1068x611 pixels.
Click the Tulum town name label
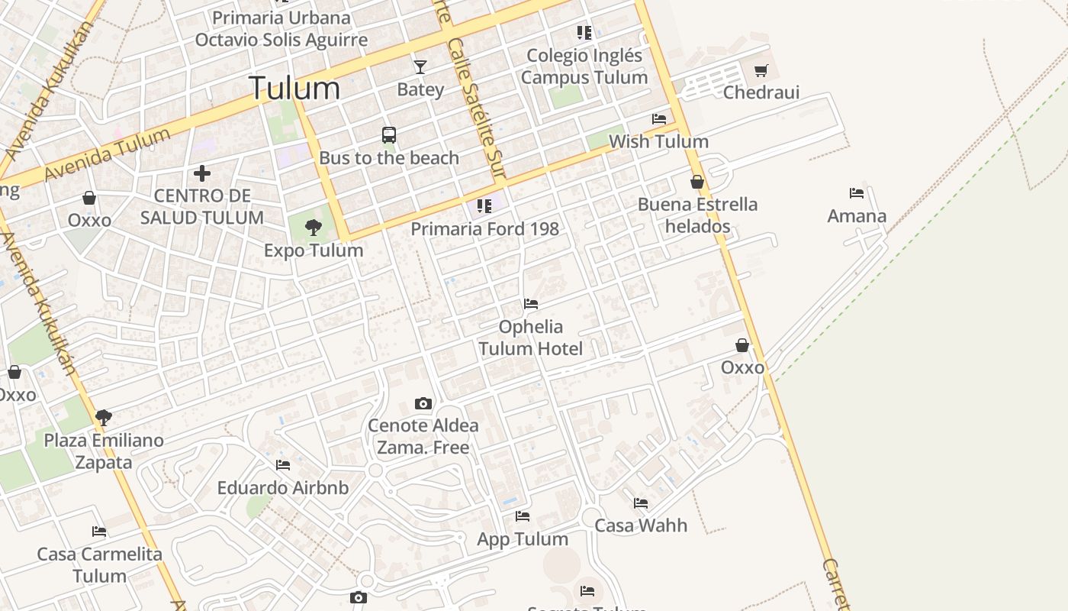[294, 89]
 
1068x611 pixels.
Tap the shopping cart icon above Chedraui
[761, 71]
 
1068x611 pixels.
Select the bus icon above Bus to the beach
[389, 135]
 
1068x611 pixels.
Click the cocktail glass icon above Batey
[420, 67]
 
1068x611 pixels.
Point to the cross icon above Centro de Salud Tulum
[202, 173]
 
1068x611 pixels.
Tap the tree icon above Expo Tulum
[313, 227]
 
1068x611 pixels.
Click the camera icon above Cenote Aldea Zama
[423, 403]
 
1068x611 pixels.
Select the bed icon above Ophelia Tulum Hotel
[531, 304]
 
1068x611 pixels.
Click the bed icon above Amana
[857, 193]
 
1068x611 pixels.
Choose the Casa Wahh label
[641, 525]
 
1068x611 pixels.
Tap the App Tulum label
[523, 539]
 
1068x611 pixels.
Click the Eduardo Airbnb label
[283, 488]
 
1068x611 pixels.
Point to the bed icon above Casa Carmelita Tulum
[99, 532]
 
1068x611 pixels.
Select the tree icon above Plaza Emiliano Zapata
[104, 418]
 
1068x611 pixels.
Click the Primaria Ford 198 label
[485, 228]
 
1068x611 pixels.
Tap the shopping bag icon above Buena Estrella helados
[697, 182]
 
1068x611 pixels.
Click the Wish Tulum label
[658, 141]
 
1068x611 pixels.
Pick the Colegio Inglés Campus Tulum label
[584, 66]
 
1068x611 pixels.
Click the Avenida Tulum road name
[107, 155]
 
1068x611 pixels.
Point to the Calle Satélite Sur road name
[478, 107]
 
